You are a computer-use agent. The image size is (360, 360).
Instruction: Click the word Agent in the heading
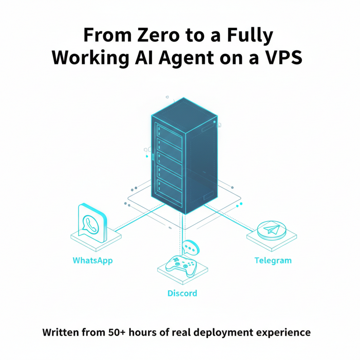[x=187, y=58]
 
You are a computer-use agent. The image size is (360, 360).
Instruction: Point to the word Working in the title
[x=91, y=58]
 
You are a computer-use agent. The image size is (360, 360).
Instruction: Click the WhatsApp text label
[x=92, y=261]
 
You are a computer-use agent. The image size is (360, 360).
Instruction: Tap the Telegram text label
[x=273, y=261]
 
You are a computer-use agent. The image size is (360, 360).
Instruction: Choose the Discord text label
[x=182, y=293]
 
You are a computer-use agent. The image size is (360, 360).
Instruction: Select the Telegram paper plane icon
[x=272, y=229]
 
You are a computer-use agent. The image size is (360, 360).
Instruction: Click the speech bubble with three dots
[x=191, y=247]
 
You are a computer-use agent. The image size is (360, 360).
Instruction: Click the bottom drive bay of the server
[x=169, y=189]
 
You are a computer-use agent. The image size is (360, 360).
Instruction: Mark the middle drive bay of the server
[x=169, y=162]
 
